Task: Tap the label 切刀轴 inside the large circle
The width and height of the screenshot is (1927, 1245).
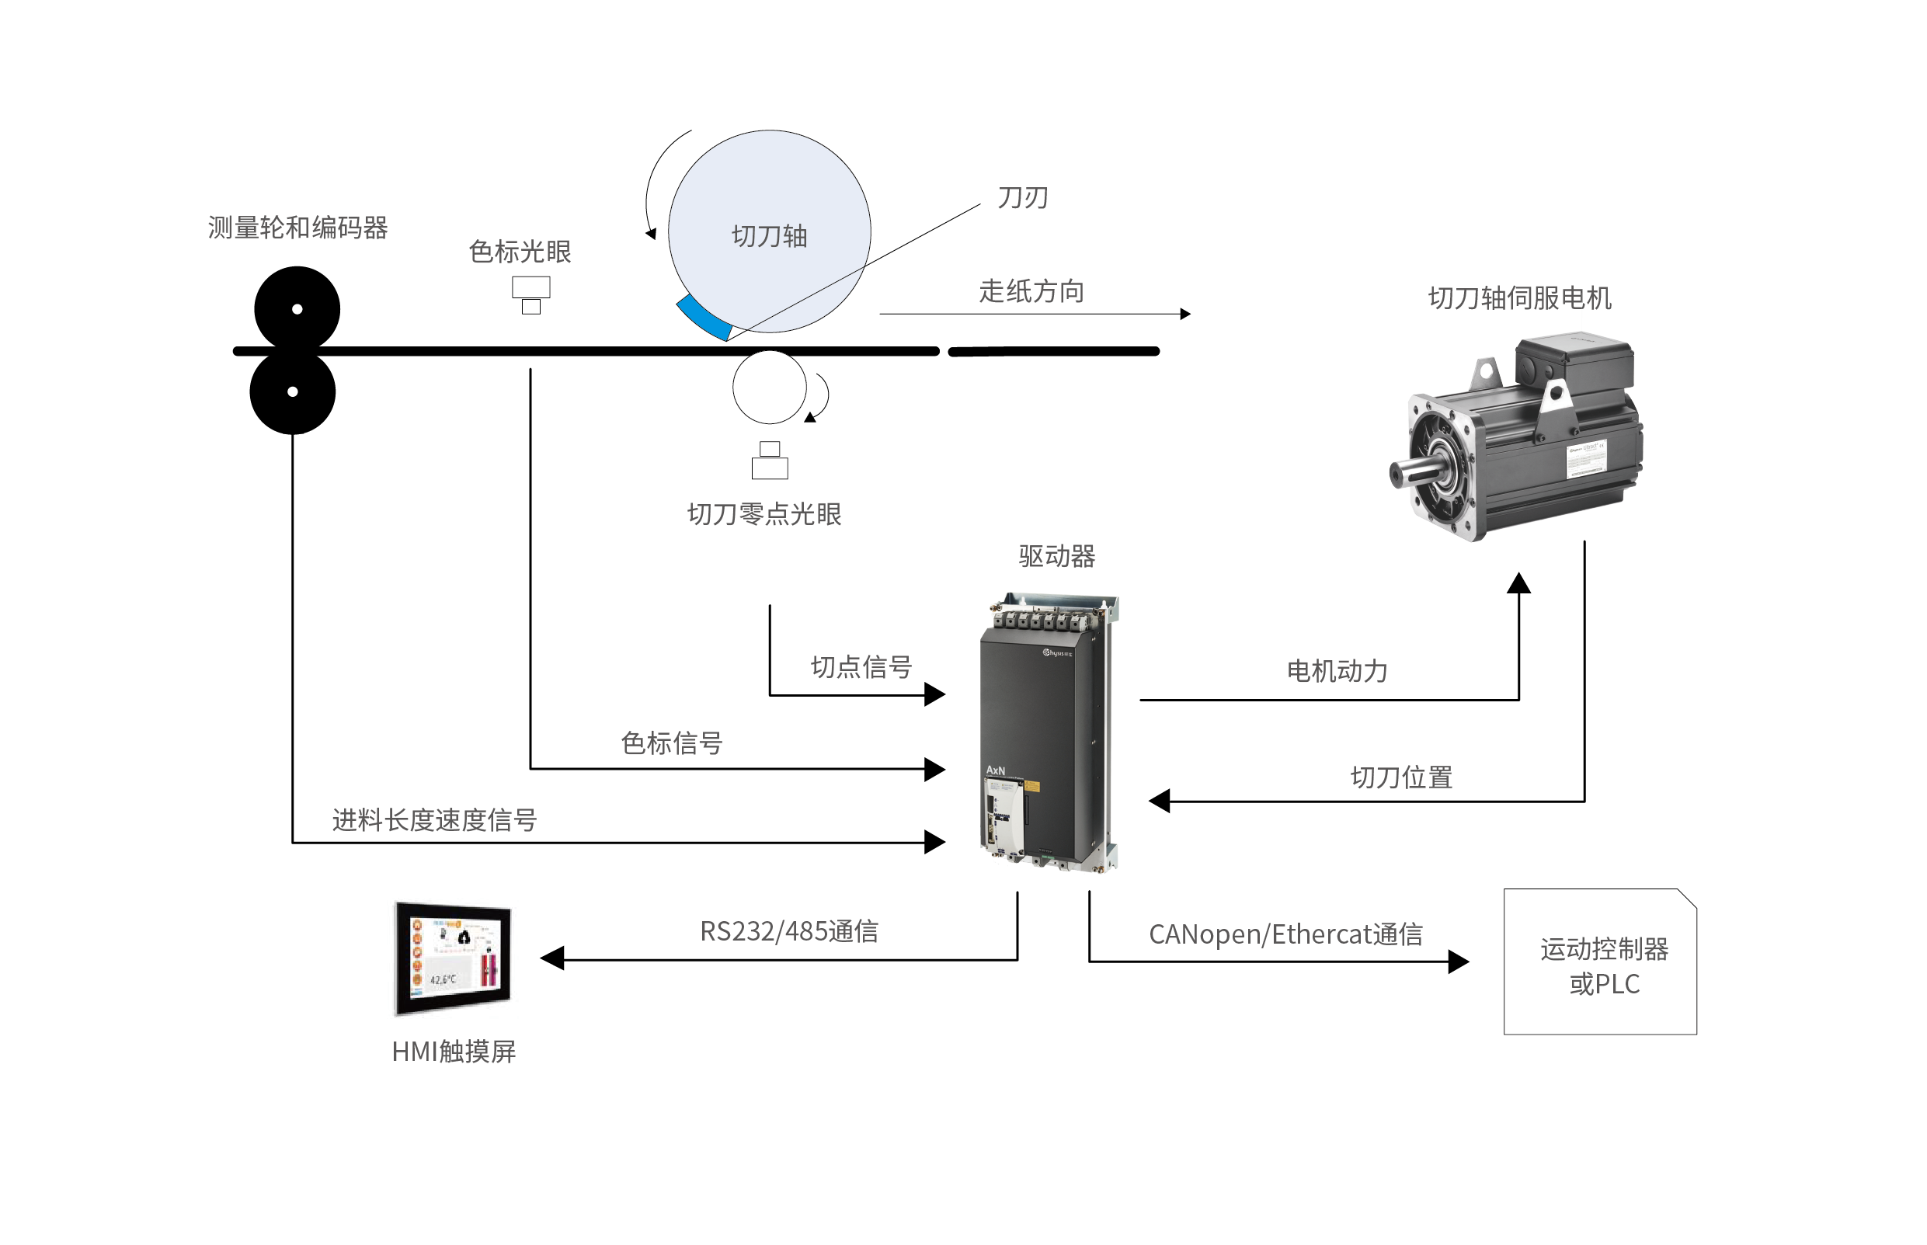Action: click(x=769, y=236)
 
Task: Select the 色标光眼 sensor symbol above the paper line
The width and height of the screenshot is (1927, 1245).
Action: click(x=531, y=294)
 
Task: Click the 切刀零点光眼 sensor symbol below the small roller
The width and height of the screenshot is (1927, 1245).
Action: click(x=770, y=461)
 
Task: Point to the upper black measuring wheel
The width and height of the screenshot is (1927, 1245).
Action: click(x=297, y=308)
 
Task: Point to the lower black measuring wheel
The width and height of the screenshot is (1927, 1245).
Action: click(x=293, y=392)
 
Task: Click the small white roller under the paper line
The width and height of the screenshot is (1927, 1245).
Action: click(x=769, y=388)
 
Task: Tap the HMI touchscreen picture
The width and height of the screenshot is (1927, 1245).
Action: click(x=453, y=958)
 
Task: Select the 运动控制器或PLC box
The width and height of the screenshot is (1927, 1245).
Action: click(x=1600, y=962)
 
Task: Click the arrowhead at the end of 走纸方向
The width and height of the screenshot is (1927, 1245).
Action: click(x=1185, y=314)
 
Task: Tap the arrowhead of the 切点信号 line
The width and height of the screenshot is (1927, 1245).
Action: click(x=935, y=694)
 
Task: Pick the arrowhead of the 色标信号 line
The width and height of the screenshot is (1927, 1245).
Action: click(x=935, y=769)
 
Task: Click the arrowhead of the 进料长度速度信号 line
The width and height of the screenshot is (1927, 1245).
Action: click(x=935, y=843)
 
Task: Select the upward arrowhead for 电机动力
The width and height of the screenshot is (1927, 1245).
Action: click(x=1518, y=583)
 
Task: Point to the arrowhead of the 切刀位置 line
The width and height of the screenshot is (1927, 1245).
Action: click(x=1160, y=802)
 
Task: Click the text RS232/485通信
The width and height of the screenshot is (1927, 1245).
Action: click(x=789, y=931)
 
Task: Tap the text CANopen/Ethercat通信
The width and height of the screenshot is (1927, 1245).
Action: click(x=1285, y=934)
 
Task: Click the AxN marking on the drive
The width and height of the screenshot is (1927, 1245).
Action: click(x=995, y=770)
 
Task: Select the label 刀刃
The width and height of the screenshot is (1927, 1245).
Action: click(x=1022, y=198)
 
